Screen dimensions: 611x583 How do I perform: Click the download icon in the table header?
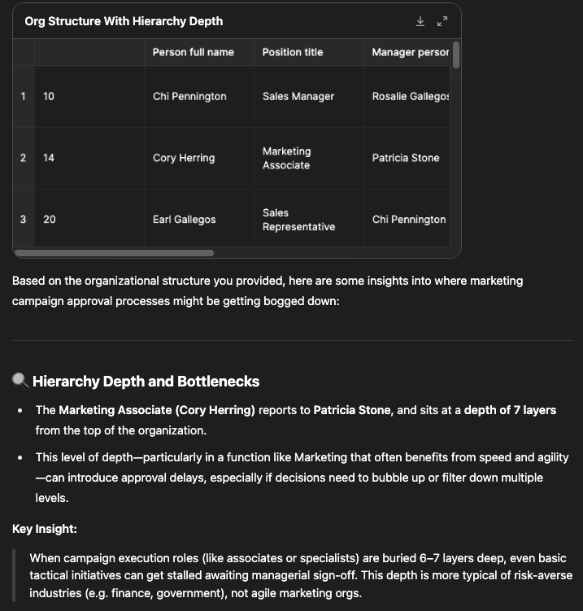420,21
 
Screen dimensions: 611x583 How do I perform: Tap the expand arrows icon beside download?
442,21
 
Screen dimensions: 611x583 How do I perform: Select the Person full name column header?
193,52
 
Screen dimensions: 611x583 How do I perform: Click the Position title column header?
292,52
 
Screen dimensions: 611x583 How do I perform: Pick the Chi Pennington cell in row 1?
189,96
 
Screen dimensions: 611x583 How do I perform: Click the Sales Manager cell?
298,96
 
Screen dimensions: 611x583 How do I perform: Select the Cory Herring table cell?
184,158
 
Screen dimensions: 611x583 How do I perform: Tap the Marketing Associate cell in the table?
286,158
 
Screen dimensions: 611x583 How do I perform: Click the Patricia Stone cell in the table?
405,158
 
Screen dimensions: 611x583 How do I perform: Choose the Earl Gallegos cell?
184,220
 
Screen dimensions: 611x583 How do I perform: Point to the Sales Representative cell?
298,220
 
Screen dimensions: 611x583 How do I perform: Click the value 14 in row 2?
49,158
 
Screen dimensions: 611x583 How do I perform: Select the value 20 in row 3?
49,220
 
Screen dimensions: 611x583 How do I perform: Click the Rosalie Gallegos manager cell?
411,96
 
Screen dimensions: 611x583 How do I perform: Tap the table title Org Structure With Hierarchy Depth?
124,21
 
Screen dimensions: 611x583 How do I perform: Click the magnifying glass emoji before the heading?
20,381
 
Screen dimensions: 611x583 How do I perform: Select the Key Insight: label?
45,529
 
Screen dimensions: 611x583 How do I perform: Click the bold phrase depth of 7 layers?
510,410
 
